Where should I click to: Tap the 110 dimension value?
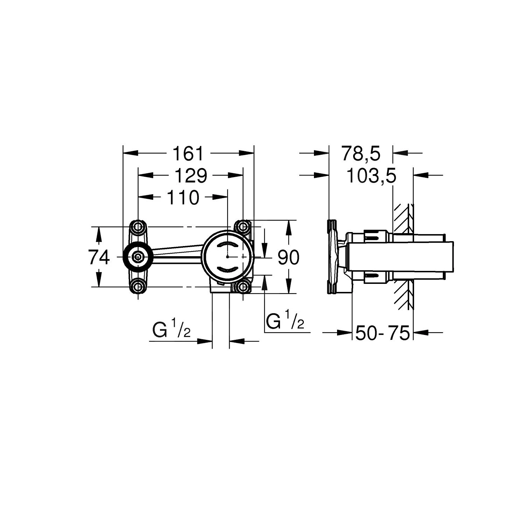(x=183, y=198)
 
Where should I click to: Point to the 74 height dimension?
(x=99, y=258)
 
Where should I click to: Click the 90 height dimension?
(x=288, y=258)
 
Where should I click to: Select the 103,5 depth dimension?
(x=371, y=176)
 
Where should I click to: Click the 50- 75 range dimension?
(x=382, y=333)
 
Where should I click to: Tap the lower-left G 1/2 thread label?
(x=171, y=330)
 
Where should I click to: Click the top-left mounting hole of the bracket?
(x=138, y=227)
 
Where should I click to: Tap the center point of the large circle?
(x=227, y=257)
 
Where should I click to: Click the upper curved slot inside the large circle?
(x=227, y=244)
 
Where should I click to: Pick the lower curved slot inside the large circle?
(x=227, y=270)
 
